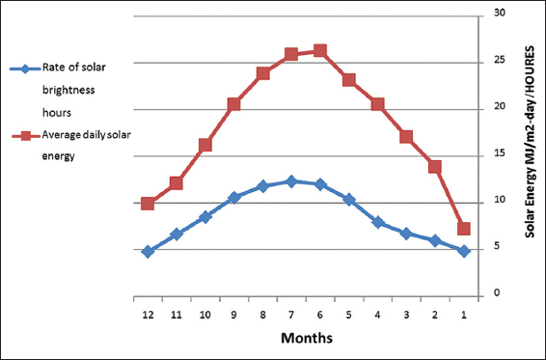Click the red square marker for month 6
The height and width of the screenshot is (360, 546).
pos(320,51)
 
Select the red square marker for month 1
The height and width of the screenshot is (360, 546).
pos(464,229)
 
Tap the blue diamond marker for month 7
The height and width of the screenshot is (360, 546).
pos(291,181)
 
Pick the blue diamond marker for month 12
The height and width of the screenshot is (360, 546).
pos(148,251)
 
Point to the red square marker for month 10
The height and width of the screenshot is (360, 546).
pos(205,145)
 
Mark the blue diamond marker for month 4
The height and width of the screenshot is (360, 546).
pos(378,222)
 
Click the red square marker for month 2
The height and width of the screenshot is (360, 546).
pos(435,167)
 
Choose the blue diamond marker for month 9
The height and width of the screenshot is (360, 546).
pos(234,198)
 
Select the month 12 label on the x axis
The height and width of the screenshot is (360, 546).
pos(148,315)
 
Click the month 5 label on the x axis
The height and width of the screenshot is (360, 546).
pos(349,315)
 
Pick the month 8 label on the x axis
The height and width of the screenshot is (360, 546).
pos(263,315)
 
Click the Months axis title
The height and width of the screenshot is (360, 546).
pos(307,338)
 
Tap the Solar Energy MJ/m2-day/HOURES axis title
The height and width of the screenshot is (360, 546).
pos(530,142)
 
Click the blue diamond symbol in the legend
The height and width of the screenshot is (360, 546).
pos(25,69)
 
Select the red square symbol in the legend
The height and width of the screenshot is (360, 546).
pos(25,136)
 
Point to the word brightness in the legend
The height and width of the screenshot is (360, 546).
pos(68,91)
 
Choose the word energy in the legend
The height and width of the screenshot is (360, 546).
pos(59,156)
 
